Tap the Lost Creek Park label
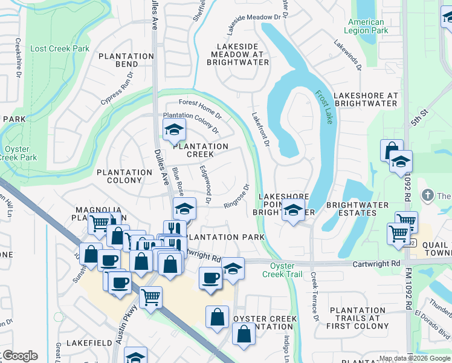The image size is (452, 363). pyautogui.click(x=60, y=48)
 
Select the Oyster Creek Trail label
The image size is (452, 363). pyautogui.click(x=282, y=269)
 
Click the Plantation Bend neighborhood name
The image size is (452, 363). pyautogui.click(x=126, y=60)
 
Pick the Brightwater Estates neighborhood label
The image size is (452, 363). pyautogui.click(x=357, y=209)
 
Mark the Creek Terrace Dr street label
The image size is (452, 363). pyautogui.click(x=315, y=296)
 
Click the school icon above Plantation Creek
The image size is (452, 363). pyautogui.click(x=174, y=129)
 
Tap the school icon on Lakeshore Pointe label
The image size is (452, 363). pyautogui.click(x=294, y=211)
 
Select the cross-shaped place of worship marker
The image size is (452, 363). pyautogui.click(x=428, y=195)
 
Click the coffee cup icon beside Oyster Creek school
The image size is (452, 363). pyautogui.click(x=210, y=278)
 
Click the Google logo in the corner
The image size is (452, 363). pyautogui.click(x=20, y=356)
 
